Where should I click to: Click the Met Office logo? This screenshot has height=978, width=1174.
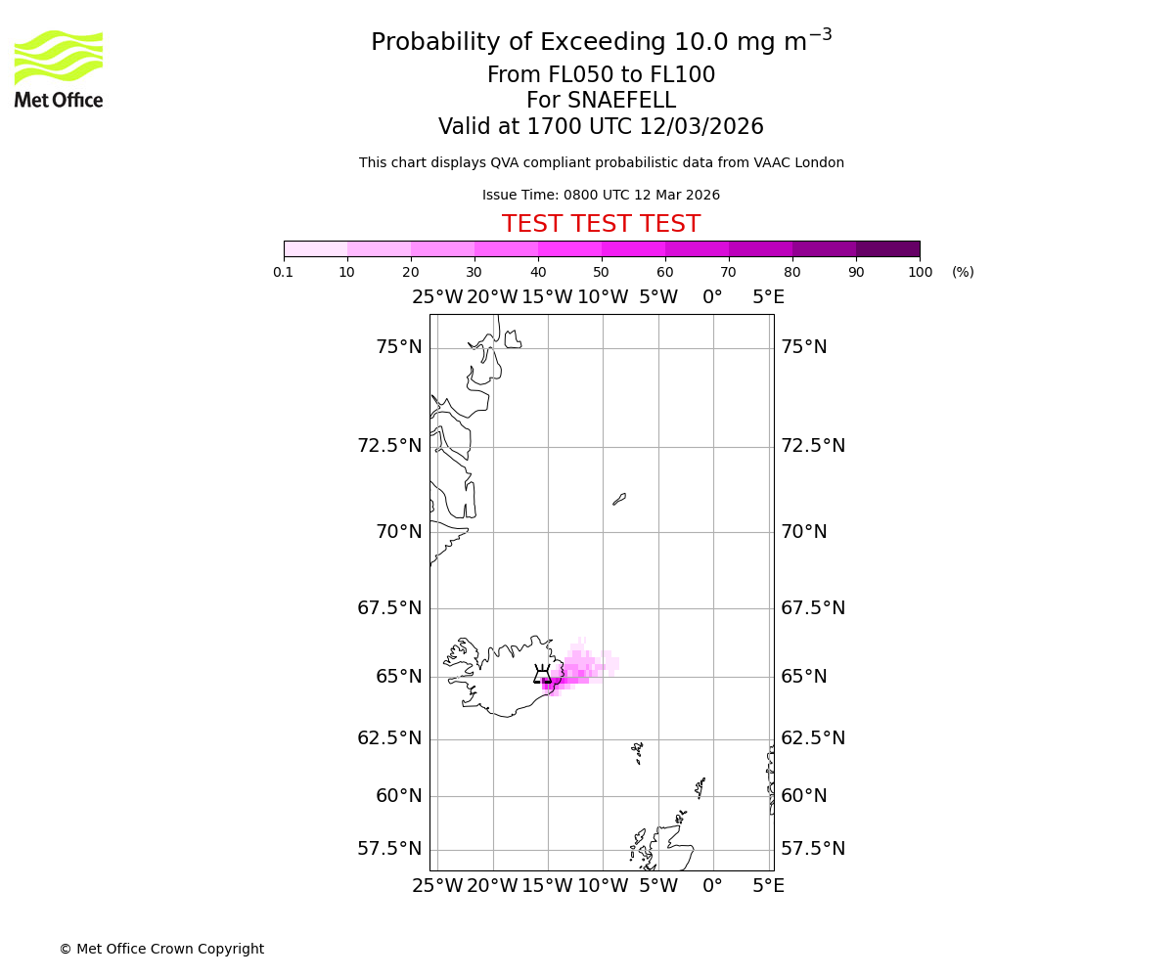coord(59,68)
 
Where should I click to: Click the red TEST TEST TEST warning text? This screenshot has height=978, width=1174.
coord(601,224)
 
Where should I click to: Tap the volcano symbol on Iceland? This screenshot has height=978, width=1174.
coord(542,675)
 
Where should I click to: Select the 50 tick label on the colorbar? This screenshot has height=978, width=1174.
coord(601,272)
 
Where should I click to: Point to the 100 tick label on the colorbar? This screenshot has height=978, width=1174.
coord(920,272)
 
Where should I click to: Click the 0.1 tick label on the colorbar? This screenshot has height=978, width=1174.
coord(284,272)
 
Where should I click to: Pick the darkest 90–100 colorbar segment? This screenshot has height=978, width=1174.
coord(887,248)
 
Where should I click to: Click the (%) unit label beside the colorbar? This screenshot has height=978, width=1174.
coord(963,272)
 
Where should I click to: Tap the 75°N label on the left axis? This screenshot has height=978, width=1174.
coord(399,347)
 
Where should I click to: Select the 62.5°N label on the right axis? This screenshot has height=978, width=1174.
coord(813,738)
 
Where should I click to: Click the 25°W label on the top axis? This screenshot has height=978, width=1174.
coord(437,297)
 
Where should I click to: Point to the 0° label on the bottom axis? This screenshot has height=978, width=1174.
coord(713,886)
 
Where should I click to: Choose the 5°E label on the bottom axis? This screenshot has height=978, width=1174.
coord(768,886)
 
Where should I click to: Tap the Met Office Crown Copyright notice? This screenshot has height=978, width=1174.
coord(161,949)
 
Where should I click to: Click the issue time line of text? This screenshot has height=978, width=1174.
coord(601,196)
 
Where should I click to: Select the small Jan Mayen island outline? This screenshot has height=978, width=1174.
coord(619,499)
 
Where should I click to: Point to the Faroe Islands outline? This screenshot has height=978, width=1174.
coord(638,751)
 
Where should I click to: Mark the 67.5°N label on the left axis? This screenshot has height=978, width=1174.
coord(389,608)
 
